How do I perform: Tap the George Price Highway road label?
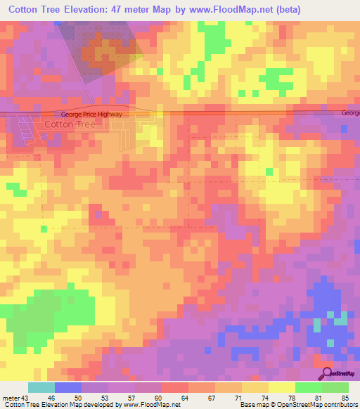click(91, 114)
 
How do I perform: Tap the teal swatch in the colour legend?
click(41, 387)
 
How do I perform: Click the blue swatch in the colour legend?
click(68, 387)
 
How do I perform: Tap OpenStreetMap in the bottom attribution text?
click(290, 405)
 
